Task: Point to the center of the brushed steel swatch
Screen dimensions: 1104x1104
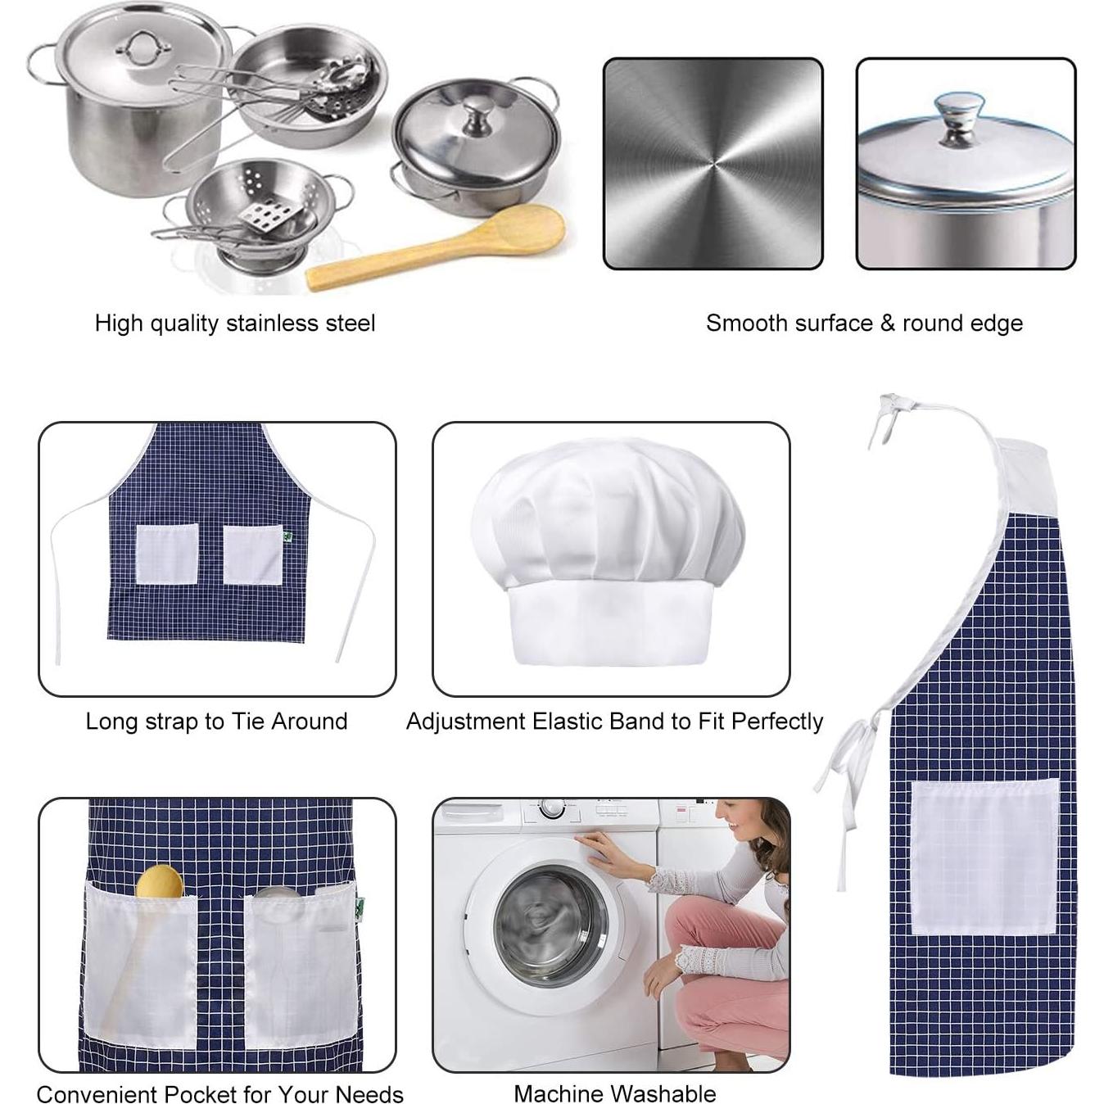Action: tap(713, 163)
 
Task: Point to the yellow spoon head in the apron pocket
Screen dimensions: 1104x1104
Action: tap(160, 882)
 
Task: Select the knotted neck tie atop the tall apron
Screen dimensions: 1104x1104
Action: tap(891, 409)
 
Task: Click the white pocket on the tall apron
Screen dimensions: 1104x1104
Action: tap(984, 857)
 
